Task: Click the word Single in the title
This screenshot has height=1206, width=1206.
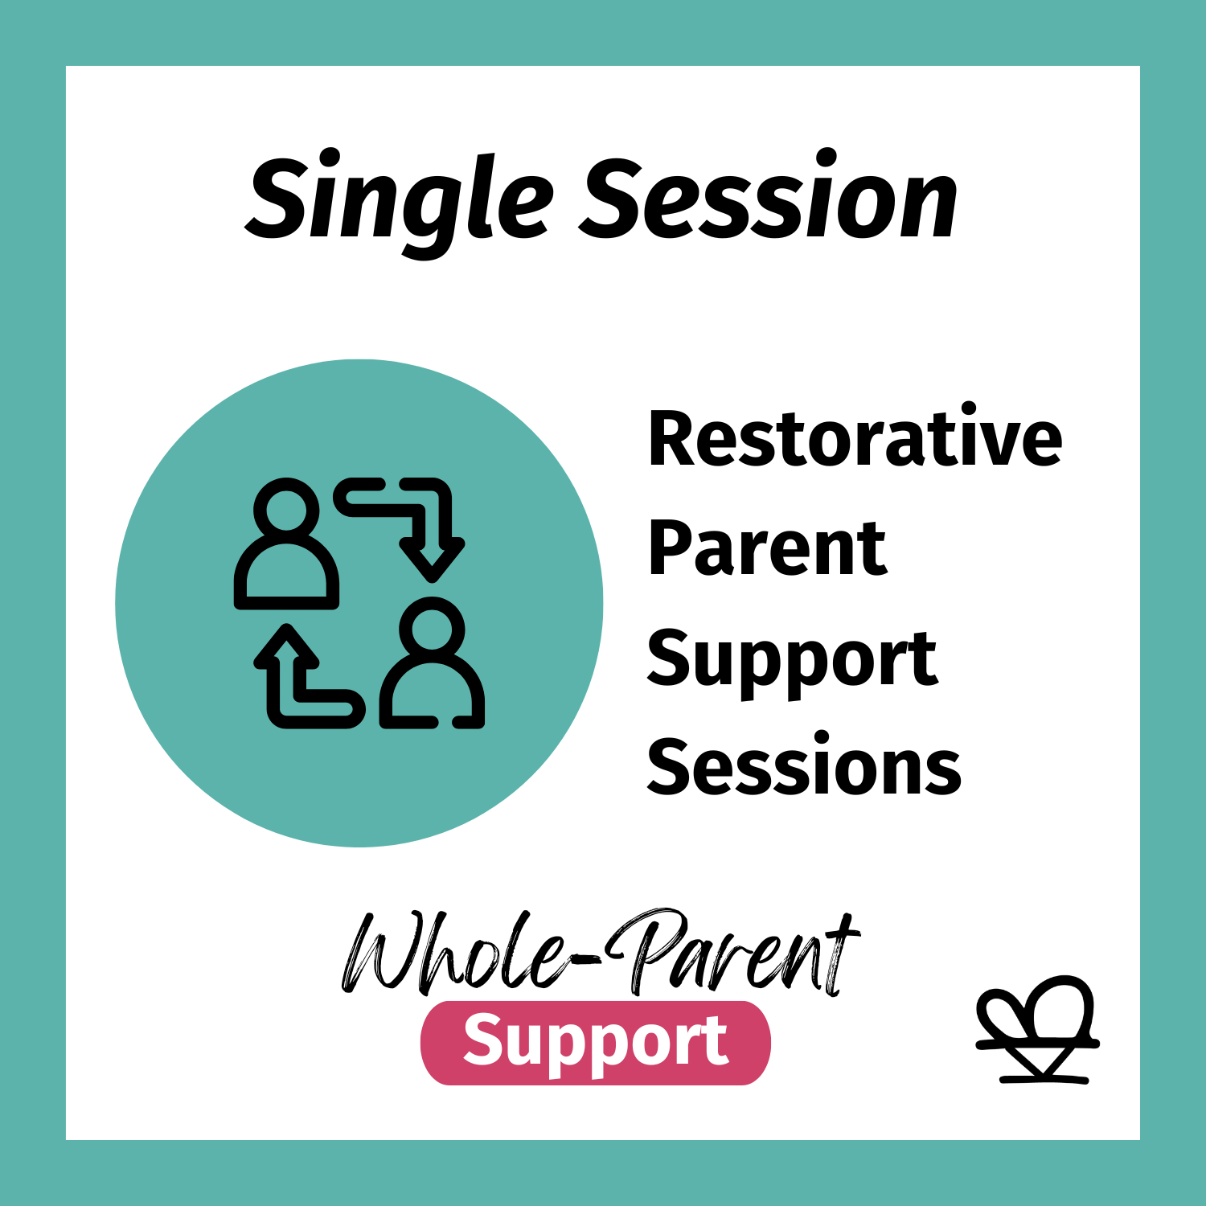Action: pos(398,199)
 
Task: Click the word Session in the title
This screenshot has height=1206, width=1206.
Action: pos(769,198)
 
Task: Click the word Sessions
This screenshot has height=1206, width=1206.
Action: pos(804,768)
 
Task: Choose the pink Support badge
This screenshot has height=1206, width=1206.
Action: pos(595,1042)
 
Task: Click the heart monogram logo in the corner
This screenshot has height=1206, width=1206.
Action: pos(1037,1029)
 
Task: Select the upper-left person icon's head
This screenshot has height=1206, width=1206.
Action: pos(286,507)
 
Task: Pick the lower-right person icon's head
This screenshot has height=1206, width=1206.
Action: pos(433,628)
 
